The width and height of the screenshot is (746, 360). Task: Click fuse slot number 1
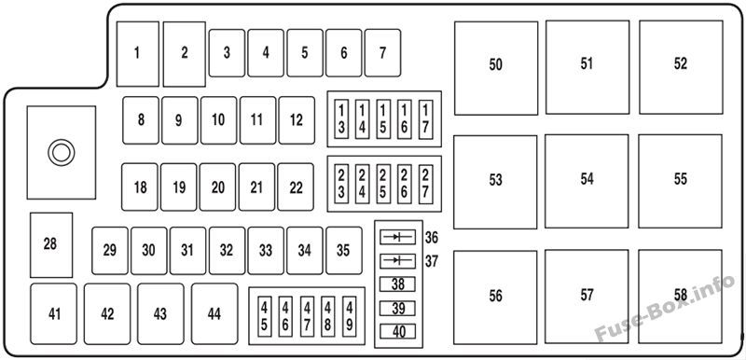click(137, 54)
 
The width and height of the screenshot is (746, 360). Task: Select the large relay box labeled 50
click(496, 68)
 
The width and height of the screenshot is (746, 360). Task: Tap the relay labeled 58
click(681, 297)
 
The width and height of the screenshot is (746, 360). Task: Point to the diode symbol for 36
click(398, 237)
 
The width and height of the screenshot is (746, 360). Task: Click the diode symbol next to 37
click(398, 260)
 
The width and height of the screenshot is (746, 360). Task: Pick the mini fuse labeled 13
click(341, 118)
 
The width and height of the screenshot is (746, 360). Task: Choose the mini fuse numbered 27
click(425, 184)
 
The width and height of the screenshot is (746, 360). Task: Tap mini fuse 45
click(264, 316)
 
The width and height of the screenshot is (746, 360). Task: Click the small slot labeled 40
click(398, 331)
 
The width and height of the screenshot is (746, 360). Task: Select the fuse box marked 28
click(51, 245)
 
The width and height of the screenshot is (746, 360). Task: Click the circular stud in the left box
click(62, 153)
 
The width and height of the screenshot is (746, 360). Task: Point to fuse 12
click(297, 120)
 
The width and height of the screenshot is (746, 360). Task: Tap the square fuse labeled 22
click(296, 187)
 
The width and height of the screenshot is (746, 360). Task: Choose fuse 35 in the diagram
click(344, 251)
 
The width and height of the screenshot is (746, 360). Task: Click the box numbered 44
click(214, 314)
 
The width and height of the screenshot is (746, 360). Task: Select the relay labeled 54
click(587, 181)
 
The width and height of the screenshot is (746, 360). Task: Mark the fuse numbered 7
click(382, 53)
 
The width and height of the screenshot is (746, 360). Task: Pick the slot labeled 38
click(398, 284)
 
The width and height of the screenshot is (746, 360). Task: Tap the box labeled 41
click(54, 314)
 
